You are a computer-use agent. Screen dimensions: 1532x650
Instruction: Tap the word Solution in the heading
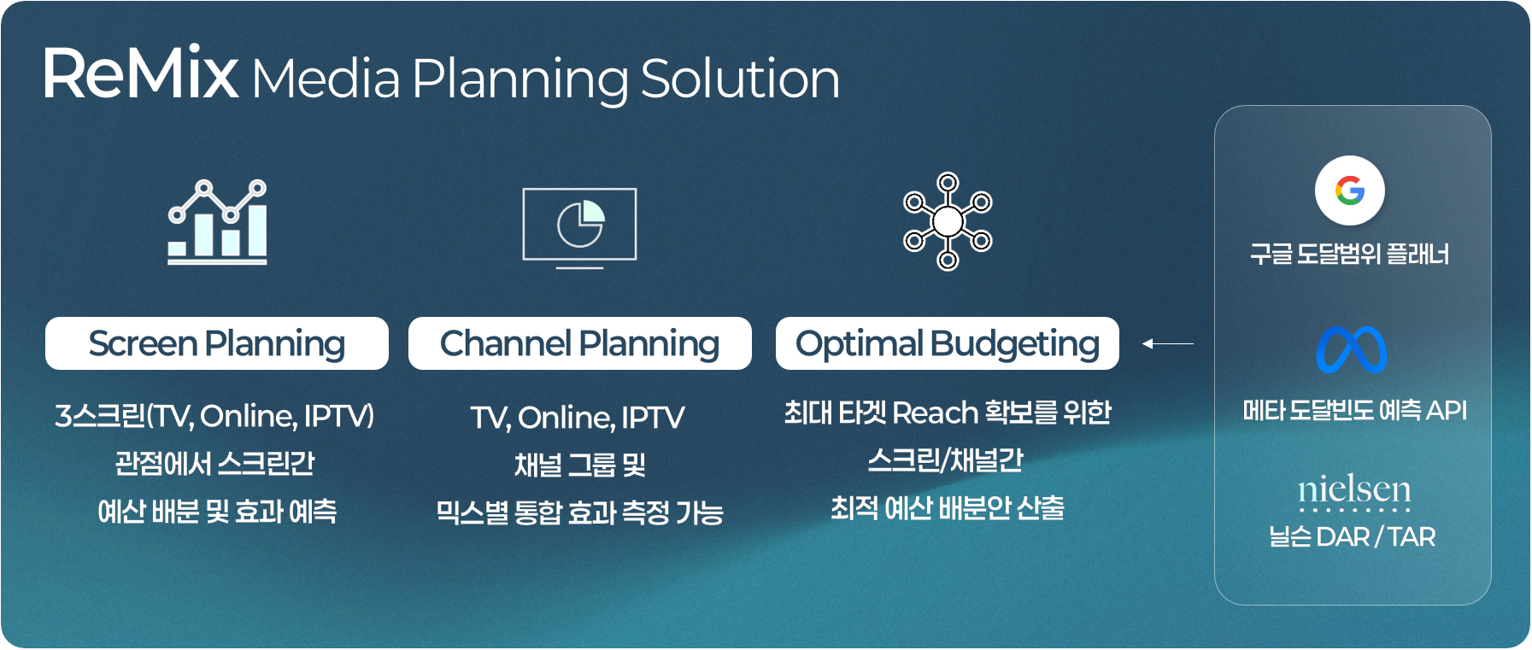tap(740, 79)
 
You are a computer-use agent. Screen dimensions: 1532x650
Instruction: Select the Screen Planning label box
tap(217, 343)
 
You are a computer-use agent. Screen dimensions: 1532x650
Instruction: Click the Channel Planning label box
tap(580, 343)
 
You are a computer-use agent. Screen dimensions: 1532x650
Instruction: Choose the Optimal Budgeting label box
tap(948, 343)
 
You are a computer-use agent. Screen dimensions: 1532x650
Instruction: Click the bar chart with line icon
tap(218, 222)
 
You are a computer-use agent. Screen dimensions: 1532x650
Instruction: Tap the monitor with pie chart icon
tap(580, 227)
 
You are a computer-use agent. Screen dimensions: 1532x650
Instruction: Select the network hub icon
tap(948, 221)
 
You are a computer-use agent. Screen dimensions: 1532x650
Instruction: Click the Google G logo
tap(1350, 190)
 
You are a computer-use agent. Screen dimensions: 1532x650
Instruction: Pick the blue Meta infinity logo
tap(1352, 349)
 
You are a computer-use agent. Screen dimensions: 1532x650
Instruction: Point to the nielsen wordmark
tap(1354, 491)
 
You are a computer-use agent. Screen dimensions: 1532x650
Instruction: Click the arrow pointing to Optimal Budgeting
tap(1168, 343)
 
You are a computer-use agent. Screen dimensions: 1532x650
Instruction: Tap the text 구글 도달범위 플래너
tap(1350, 254)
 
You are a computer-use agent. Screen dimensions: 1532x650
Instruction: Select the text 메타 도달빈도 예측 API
tap(1354, 410)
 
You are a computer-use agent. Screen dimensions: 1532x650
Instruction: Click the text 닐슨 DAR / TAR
tap(1352, 536)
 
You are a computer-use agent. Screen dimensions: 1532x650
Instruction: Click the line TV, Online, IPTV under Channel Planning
tap(578, 418)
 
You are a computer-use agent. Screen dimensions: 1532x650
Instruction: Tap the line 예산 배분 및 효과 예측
tap(217, 511)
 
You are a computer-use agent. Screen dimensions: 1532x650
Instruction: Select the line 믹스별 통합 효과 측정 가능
tap(580, 512)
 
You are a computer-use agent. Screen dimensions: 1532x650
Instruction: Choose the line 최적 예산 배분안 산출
tap(948, 508)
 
